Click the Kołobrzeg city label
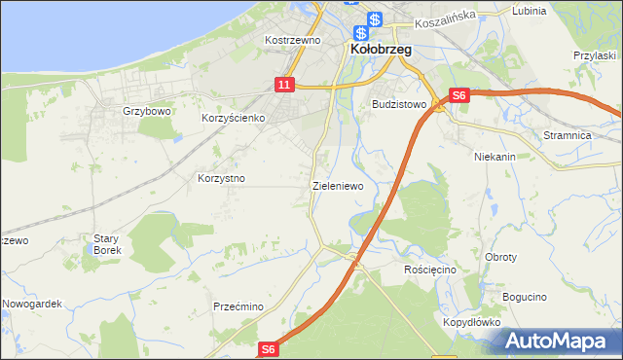381,49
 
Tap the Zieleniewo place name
338,185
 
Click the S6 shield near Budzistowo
460,95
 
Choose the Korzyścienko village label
234,118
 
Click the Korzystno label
221,179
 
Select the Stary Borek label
106,243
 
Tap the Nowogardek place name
32,304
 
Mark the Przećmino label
238,306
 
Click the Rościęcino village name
430,269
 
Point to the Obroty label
500,257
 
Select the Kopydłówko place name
471,321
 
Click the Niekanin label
495,156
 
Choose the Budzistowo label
399,103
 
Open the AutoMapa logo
558,341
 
